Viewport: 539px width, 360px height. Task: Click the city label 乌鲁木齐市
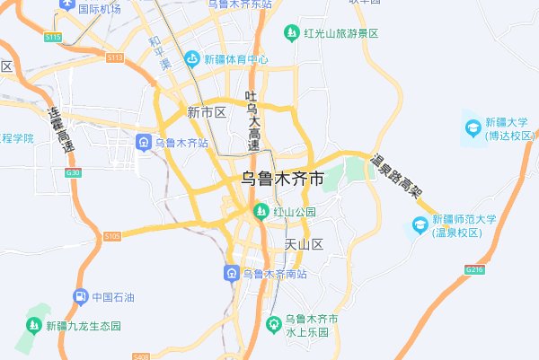[x=283, y=180]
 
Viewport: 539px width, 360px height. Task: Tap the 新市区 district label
[x=206, y=112]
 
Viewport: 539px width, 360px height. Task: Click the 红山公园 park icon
[x=261, y=212]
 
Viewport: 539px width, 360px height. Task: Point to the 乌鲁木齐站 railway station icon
[x=143, y=142]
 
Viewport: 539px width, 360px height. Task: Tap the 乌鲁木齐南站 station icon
[x=232, y=273]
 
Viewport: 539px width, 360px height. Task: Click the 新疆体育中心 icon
[x=191, y=59]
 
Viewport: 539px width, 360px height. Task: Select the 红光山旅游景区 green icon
[x=291, y=33]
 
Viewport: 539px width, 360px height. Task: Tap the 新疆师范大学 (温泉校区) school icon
[x=418, y=225]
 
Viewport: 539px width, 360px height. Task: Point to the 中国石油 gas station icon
[x=80, y=296]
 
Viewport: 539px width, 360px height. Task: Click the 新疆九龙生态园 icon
[x=34, y=326]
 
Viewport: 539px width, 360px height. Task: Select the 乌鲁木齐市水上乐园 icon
[x=273, y=325]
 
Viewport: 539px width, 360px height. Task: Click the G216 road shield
[x=474, y=268]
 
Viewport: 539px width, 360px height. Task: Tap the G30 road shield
[x=73, y=172]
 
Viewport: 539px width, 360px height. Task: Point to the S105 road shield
[x=111, y=235]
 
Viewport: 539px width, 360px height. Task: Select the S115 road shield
[x=53, y=37]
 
